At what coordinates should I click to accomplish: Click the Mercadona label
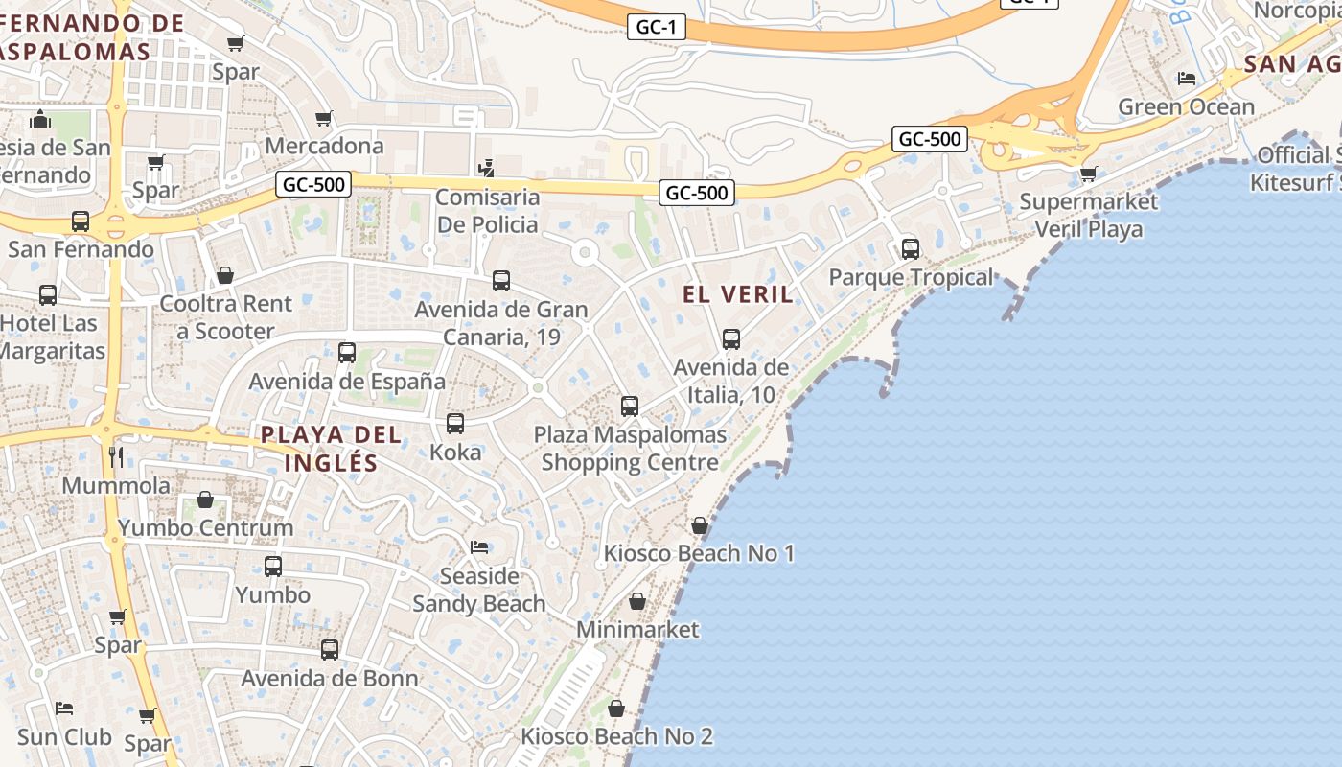click(x=324, y=146)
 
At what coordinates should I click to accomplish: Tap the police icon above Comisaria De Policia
click(x=487, y=168)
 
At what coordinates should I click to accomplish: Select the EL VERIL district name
click(x=738, y=294)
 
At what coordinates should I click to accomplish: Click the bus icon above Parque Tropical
click(x=910, y=249)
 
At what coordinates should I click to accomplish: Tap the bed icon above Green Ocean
click(x=1187, y=79)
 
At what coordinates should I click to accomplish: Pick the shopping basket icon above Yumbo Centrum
click(x=205, y=500)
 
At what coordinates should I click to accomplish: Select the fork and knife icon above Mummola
click(x=116, y=456)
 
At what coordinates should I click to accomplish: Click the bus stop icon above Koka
click(x=455, y=423)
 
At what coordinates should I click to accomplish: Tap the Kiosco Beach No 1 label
click(x=699, y=553)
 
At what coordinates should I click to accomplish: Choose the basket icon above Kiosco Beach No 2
click(x=616, y=709)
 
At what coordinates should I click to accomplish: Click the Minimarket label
click(x=637, y=630)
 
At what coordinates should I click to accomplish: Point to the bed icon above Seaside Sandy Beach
click(x=479, y=547)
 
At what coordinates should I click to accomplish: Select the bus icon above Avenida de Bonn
click(x=330, y=650)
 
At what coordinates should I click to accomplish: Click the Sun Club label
click(x=64, y=737)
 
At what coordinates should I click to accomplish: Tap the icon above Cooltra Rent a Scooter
click(x=225, y=276)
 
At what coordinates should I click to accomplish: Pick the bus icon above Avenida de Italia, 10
click(x=731, y=339)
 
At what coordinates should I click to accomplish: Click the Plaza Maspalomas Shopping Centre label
click(x=630, y=449)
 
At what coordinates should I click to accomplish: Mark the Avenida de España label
click(x=347, y=382)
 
